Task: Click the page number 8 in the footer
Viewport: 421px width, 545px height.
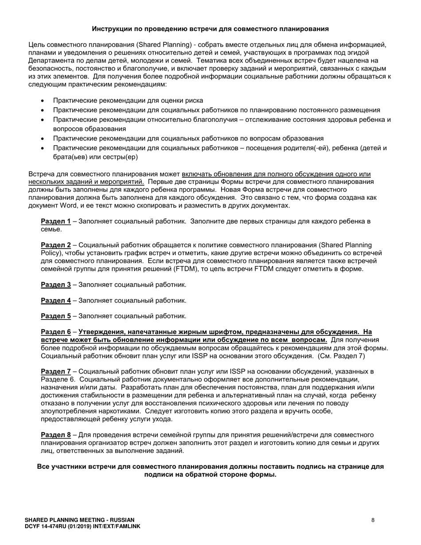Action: coord(373,520)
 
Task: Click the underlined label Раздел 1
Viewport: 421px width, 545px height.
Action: coord(55,221)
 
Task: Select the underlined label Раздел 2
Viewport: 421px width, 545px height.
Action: coord(55,245)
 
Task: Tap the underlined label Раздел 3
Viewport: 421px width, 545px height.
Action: coord(55,285)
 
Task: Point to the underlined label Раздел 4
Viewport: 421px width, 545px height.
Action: coord(55,300)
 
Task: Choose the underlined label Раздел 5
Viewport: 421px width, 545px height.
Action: coord(55,316)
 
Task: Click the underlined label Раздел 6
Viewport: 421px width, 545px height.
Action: coord(55,332)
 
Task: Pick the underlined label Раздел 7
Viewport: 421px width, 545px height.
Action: coord(55,371)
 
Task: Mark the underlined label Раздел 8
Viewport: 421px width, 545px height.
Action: coord(55,435)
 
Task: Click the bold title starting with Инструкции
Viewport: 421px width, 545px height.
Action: coord(210,29)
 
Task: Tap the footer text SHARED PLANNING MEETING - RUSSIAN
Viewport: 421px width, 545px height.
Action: coord(79,520)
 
